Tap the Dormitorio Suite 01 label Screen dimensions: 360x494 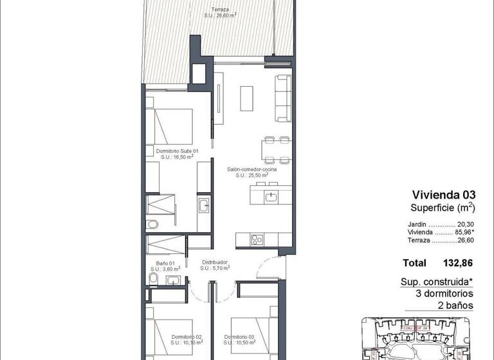pyautogui.click(x=178, y=151)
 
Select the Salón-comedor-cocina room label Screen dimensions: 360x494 pyautogui.click(x=252, y=170)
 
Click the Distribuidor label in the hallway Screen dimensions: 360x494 pyautogui.click(x=215, y=262)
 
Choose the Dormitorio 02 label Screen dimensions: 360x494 pyautogui.click(x=187, y=336)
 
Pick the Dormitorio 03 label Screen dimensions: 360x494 pyautogui.click(x=240, y=336)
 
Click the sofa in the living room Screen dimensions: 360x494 pyautogui.click(x=283, y=98)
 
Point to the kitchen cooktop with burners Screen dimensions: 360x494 pyautogui.click(x=256, y=239)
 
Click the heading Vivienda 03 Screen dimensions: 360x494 pyautogui.click(x=443, y=195)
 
